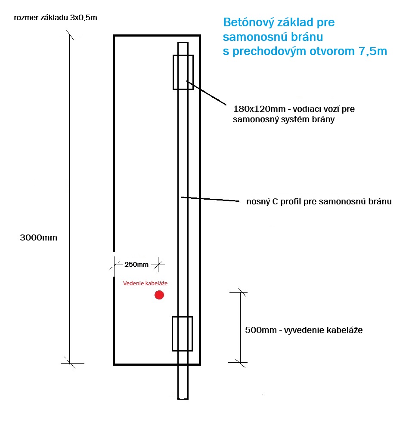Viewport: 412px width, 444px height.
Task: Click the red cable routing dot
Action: [159, 295]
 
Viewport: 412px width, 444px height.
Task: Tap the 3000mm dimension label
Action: [39, 237]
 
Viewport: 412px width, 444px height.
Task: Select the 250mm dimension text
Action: [136, 265]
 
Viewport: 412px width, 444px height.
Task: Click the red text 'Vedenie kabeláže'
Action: [145, 283]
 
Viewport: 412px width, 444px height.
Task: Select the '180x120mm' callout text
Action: [259, 109]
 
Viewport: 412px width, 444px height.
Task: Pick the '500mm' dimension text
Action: [261, 330]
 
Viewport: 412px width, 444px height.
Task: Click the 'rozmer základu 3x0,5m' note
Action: [56, 18]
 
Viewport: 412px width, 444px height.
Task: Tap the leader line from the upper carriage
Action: [206, 93]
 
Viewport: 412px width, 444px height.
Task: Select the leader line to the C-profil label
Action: [210, 199]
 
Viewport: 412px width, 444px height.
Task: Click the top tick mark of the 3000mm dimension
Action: [70, 35]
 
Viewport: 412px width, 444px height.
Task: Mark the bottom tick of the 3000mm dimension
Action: [70, 363]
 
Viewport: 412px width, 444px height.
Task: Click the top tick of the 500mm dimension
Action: [241, 292]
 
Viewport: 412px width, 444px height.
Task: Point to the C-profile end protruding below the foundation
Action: [183, 382]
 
